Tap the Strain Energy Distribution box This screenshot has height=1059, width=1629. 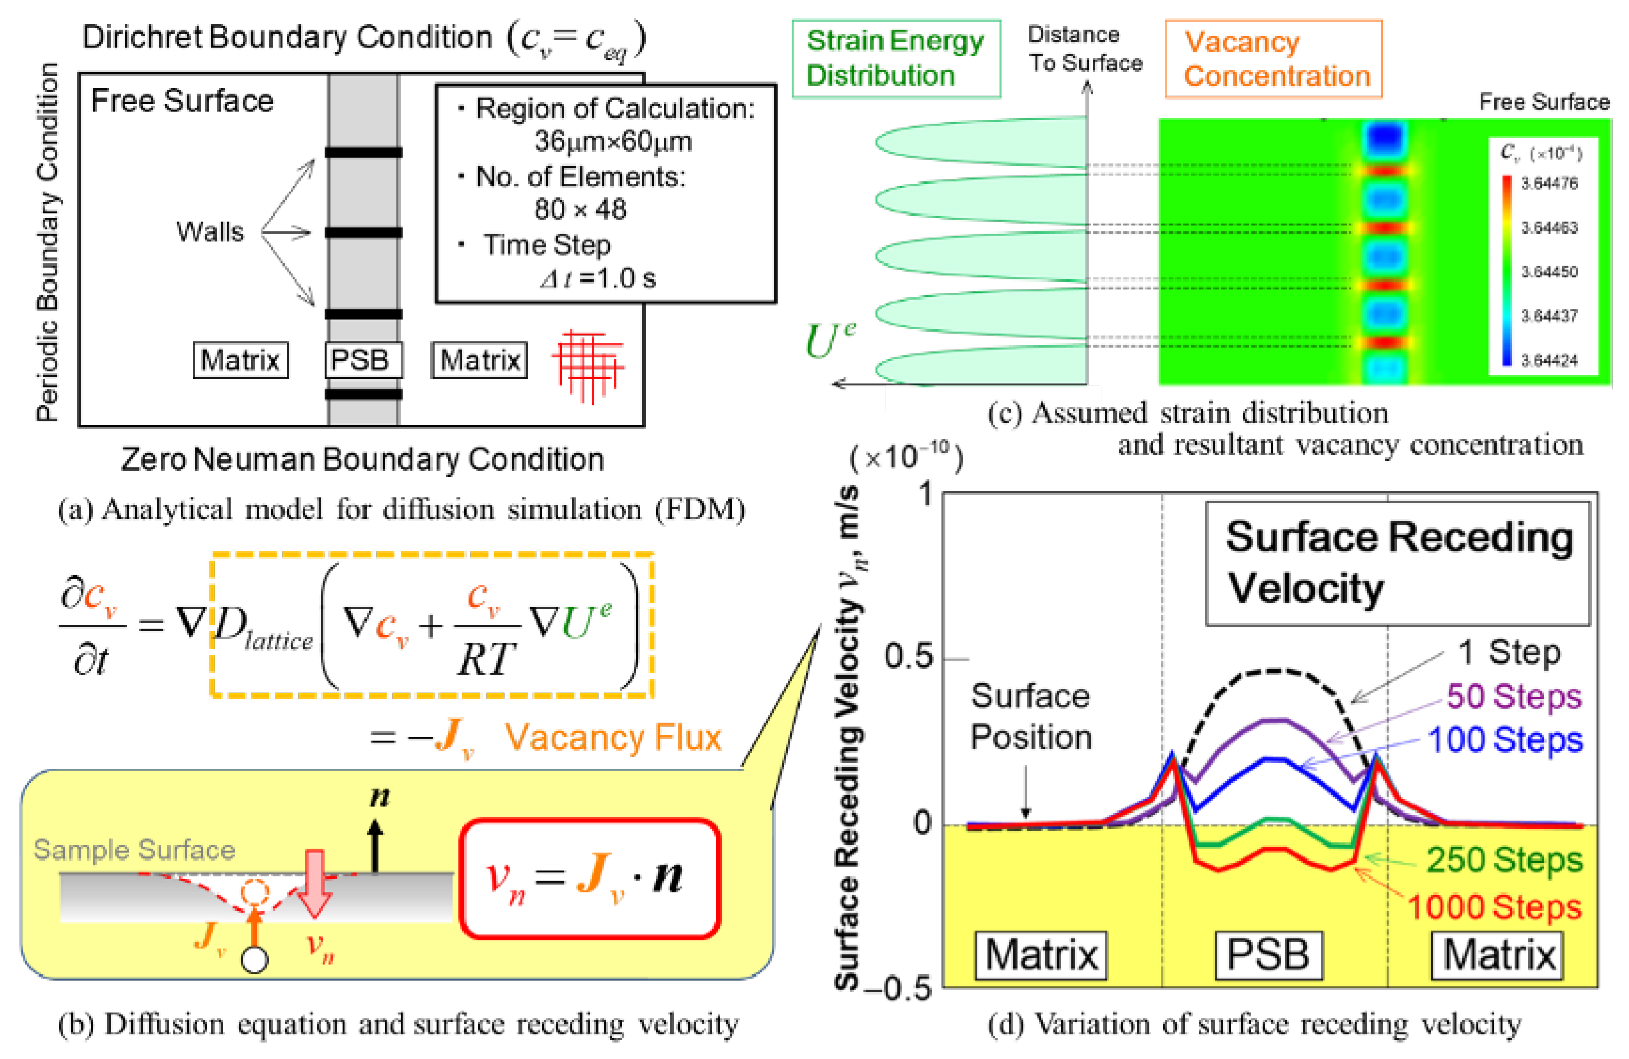click(x=895, y=58)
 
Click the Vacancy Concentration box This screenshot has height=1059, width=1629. click(x=1273, y=59)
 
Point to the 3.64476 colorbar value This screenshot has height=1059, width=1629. click(x=1550, y=184)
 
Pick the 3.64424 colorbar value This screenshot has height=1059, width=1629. click(x=1550, y=360)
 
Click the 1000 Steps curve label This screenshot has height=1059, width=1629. click(x=1494, y=907)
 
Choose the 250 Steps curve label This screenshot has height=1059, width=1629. click(x=1504, y=860)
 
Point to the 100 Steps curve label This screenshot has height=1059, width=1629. click(x=1505, y=740)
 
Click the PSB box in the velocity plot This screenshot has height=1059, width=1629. click(x=1268, y=954)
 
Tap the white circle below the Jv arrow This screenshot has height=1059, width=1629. click(x=255, y=959)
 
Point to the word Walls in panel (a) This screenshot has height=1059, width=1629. click(x=209, y=232)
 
